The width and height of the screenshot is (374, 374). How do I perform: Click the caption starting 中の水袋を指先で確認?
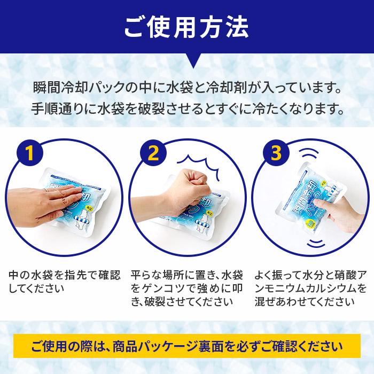click(62, 282)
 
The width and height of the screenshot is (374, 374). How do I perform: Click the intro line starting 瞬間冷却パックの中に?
click(186, 87)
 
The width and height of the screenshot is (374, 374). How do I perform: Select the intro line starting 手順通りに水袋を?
click(186, 111)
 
